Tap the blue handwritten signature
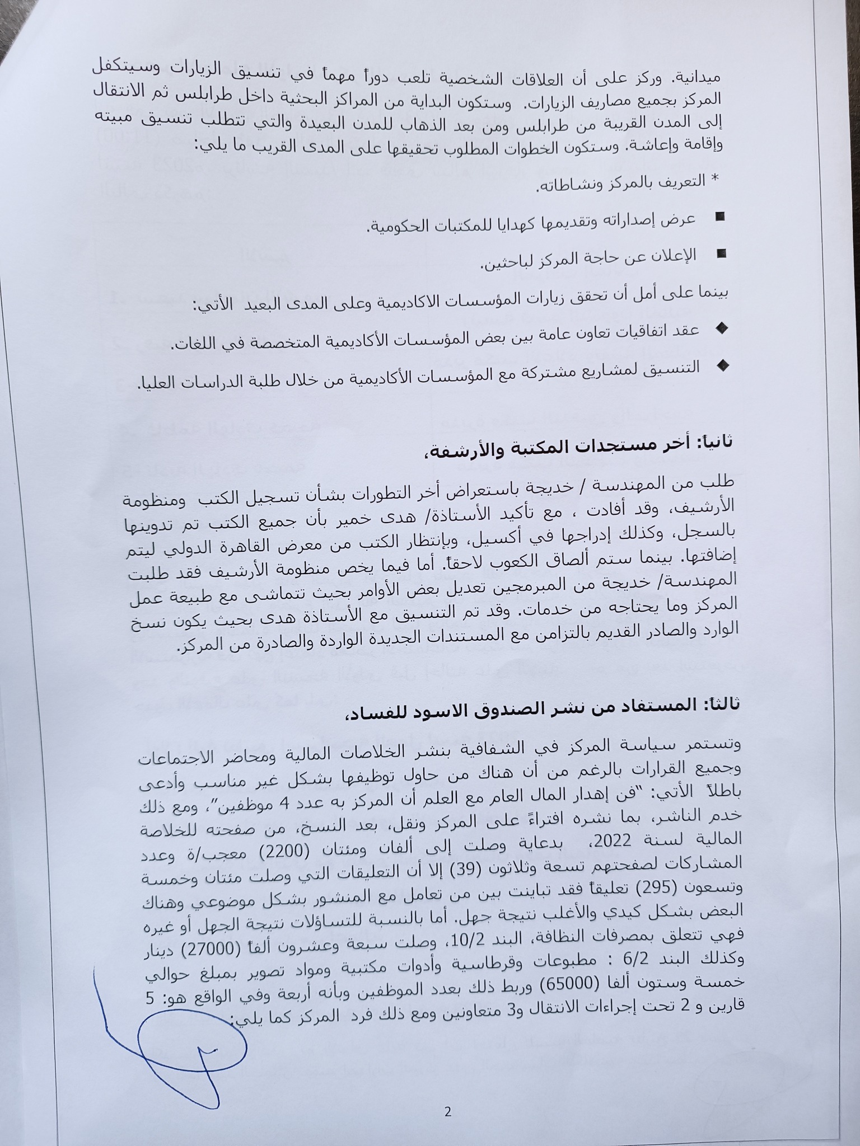[x=185, y=1024]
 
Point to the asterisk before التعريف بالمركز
[x=714, y=179]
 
